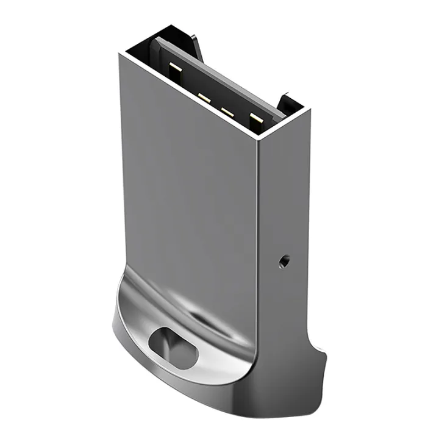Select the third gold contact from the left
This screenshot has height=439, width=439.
[228, 112]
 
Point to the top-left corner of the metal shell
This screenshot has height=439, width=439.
[120, 54]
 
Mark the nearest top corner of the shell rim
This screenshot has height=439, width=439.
[259, 142]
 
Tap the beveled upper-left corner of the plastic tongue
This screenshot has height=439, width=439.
[160, 41]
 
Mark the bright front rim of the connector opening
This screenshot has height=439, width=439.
[189, 98]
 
